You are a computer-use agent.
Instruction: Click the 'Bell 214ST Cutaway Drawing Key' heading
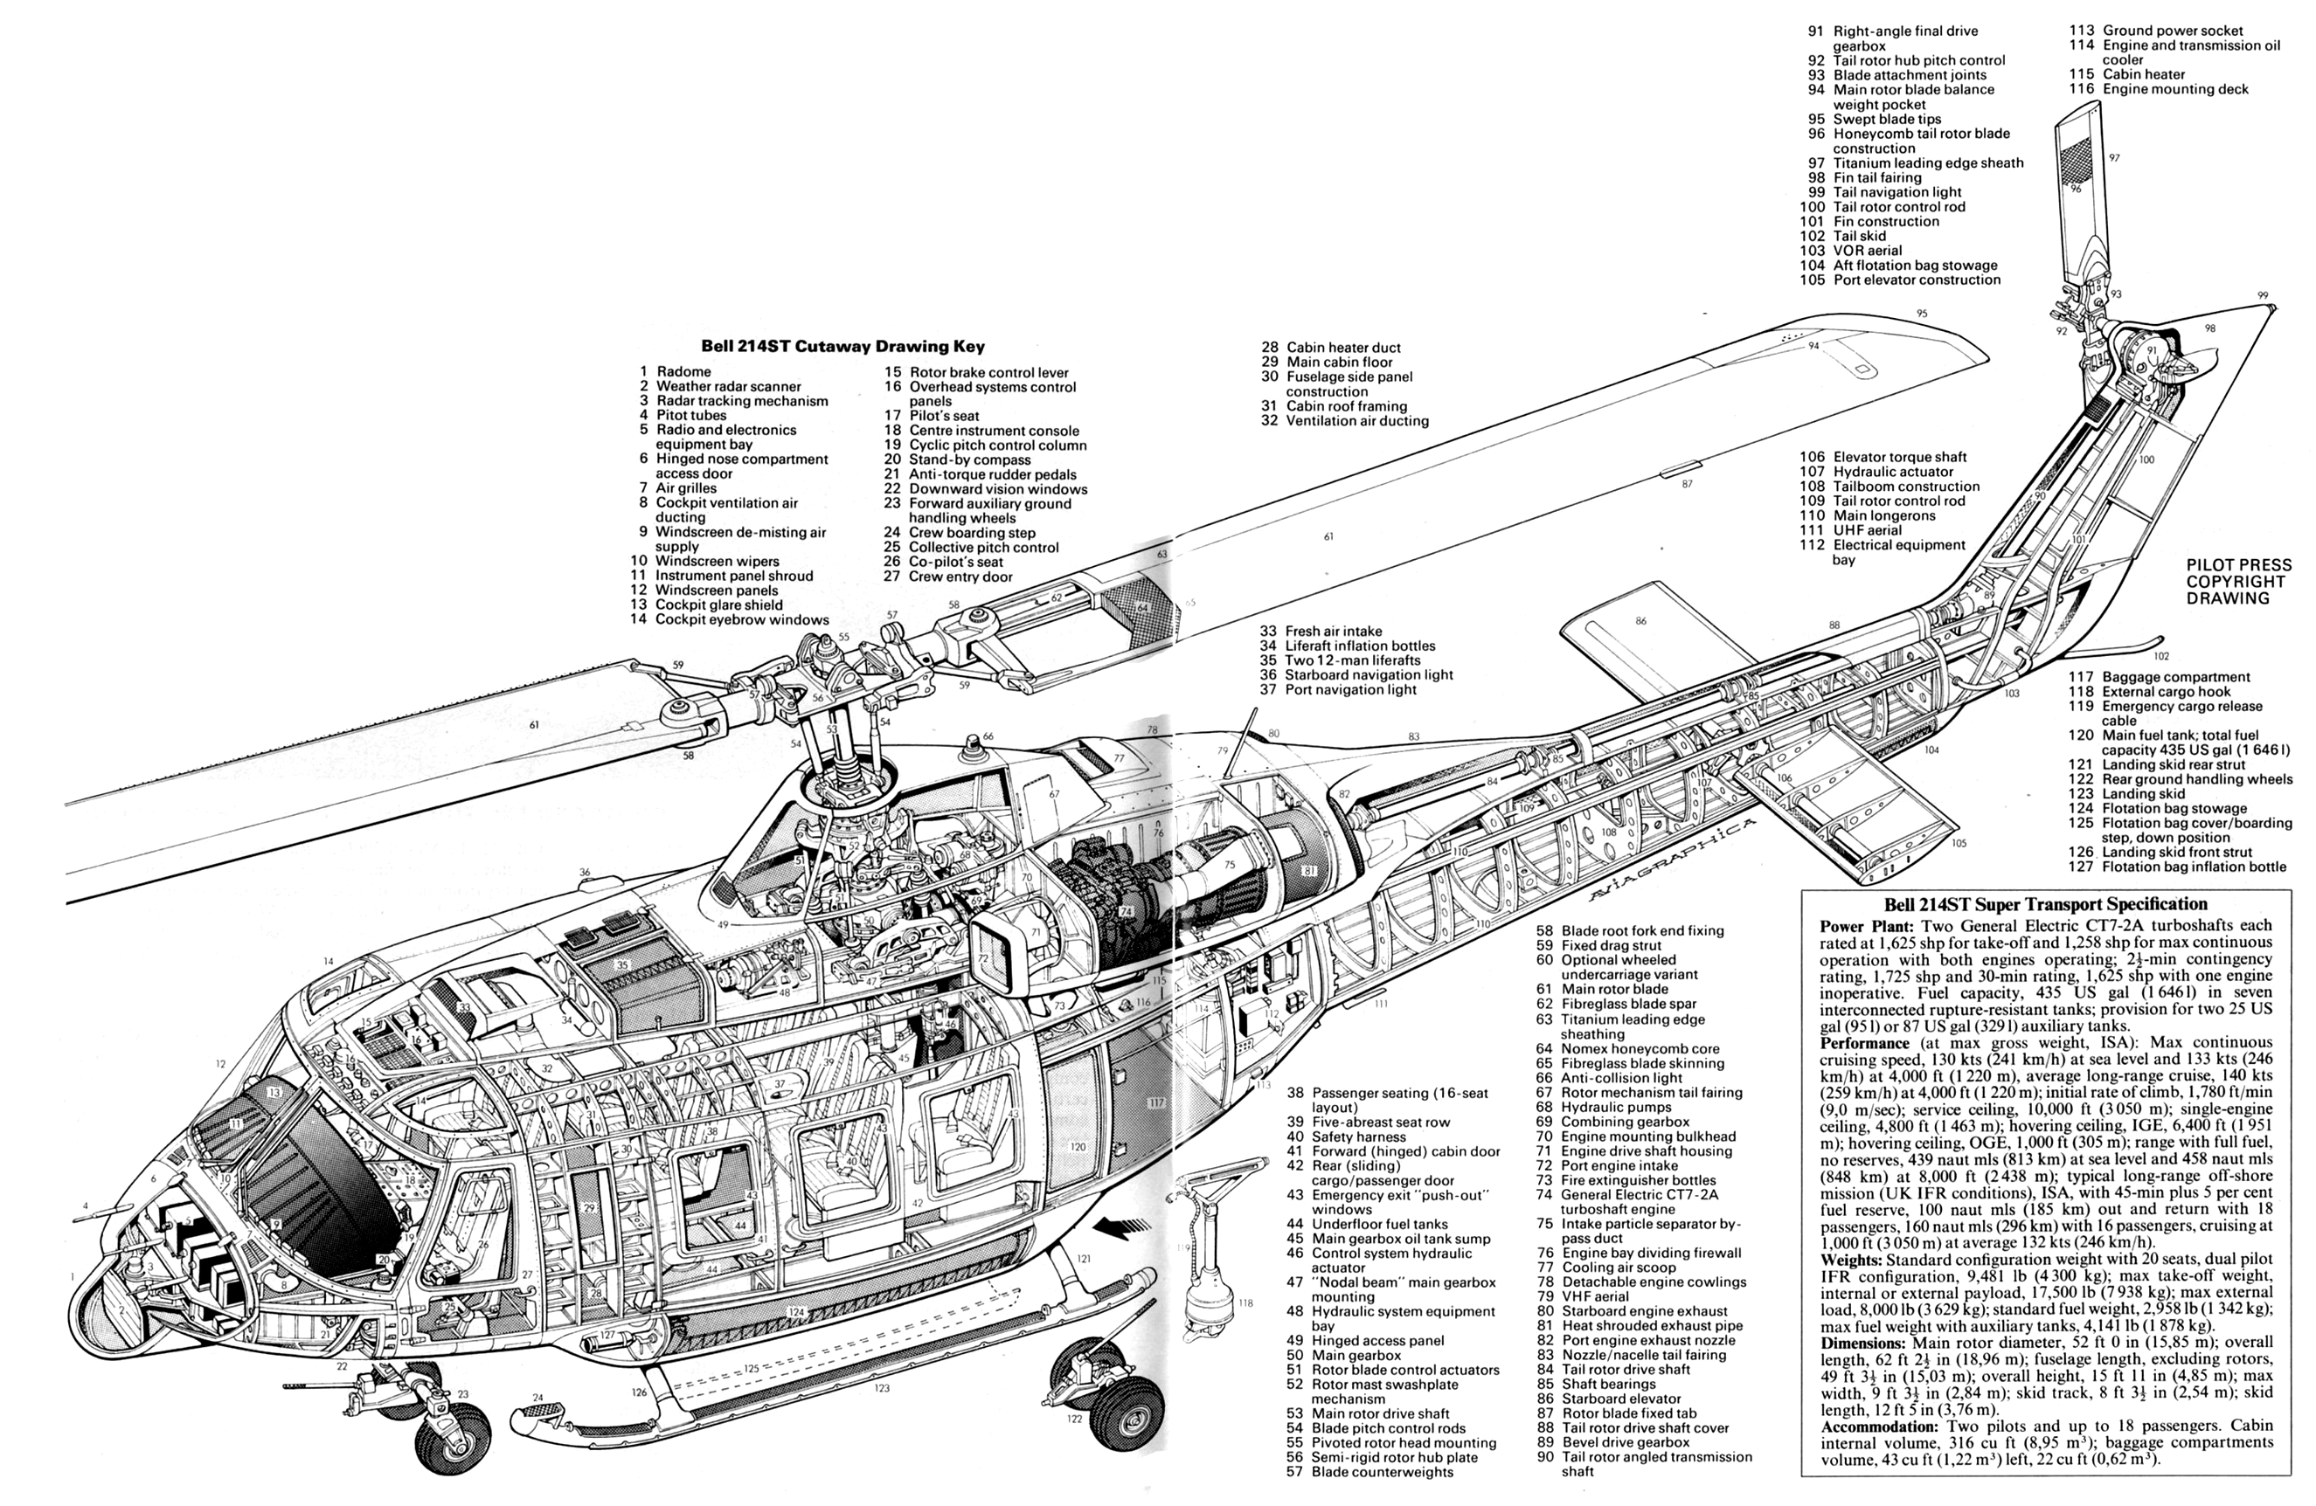pos(842,346)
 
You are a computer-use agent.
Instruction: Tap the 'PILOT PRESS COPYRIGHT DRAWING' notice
pos(2238,582)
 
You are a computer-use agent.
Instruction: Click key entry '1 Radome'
pos(676,371)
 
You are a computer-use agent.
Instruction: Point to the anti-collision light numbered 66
pos(973,750)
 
